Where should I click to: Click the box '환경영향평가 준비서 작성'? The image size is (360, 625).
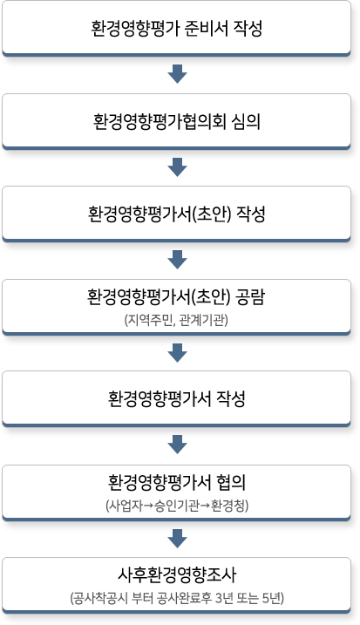176,28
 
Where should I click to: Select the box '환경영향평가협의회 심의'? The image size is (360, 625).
176,121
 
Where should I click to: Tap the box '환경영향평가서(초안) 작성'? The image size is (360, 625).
176,214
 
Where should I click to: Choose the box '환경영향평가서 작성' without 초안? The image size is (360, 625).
176,399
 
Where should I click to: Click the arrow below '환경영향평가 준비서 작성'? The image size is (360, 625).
178,74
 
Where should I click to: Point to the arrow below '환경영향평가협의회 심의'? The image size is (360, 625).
178,167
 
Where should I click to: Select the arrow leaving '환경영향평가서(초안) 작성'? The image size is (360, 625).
178,260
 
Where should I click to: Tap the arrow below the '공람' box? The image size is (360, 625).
178,353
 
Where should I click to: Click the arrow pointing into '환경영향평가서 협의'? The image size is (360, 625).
178,445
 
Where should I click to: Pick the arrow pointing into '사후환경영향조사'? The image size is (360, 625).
178,539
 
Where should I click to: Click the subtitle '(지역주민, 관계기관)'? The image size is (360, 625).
176,320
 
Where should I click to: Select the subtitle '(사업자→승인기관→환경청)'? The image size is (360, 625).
177,506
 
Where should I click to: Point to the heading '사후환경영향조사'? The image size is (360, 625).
177,575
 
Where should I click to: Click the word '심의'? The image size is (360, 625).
246,121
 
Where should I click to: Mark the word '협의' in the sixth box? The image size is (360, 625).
231,483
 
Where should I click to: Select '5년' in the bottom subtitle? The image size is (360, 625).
272,598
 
